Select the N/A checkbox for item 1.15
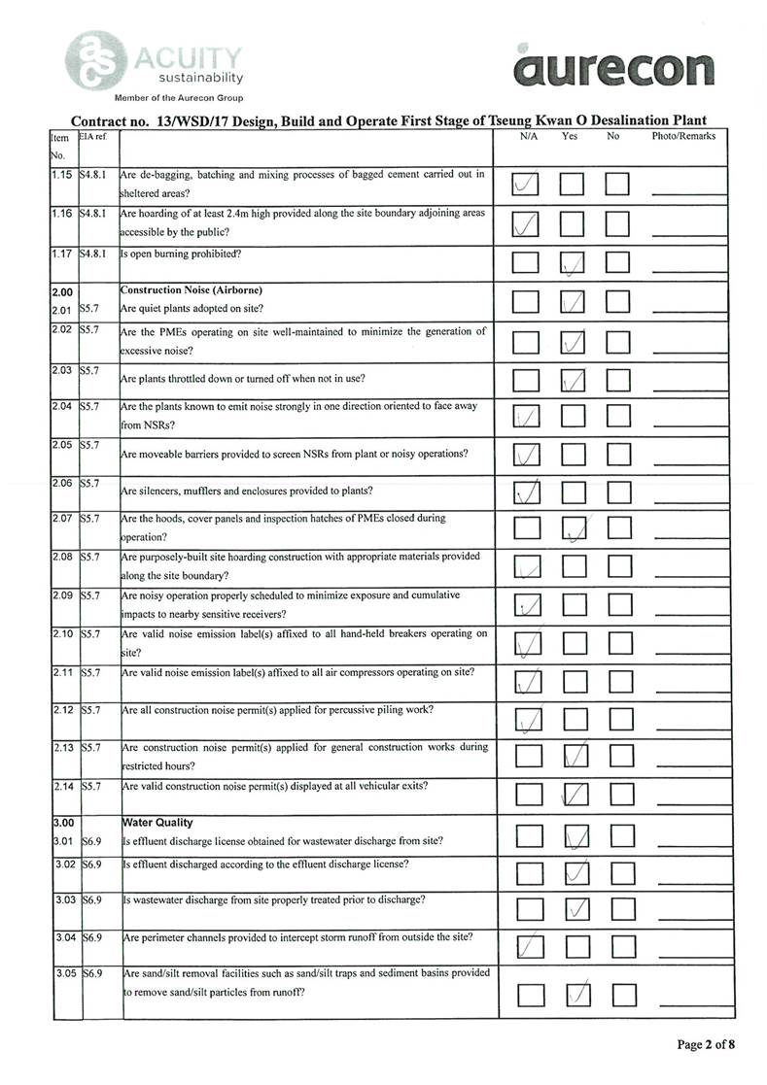[x=526, y=183]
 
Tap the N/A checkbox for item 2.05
[x=526, y=455]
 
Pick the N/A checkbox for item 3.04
[x=526, y=946]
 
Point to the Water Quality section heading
[x=157, y=822]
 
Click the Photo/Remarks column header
[x=682, y=137]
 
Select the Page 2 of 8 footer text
[x=706, y=1044]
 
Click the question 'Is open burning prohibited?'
[x=181, y=254]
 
